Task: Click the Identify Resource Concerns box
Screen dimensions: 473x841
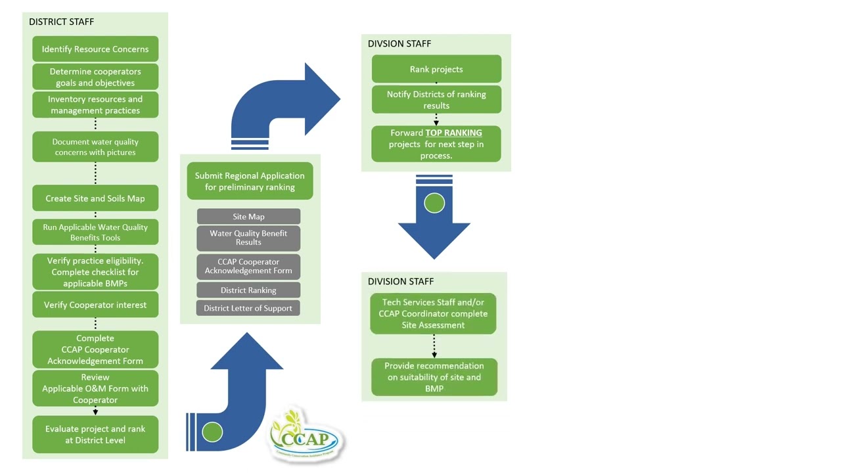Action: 95,49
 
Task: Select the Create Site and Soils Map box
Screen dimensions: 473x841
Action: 95,198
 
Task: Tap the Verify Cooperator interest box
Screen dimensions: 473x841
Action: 95,305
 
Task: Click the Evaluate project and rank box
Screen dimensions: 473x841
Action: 95,434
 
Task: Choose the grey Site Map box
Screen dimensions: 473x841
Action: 248,217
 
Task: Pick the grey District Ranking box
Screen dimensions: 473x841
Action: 248,290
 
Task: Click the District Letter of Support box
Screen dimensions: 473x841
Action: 248,308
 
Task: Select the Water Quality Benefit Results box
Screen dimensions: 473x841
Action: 248,238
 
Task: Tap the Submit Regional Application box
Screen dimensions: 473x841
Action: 250,181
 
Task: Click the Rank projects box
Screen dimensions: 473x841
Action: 436,69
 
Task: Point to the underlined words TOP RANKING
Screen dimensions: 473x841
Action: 453,133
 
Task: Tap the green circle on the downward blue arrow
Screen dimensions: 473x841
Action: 434,204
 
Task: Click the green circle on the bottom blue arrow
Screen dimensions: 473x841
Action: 212,432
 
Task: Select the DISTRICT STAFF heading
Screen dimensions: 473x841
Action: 61,22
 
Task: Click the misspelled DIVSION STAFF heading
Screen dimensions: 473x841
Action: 399,44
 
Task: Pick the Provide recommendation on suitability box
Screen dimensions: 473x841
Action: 434,377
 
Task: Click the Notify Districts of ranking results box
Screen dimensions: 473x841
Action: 436,100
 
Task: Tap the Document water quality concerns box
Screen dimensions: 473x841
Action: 95,147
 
